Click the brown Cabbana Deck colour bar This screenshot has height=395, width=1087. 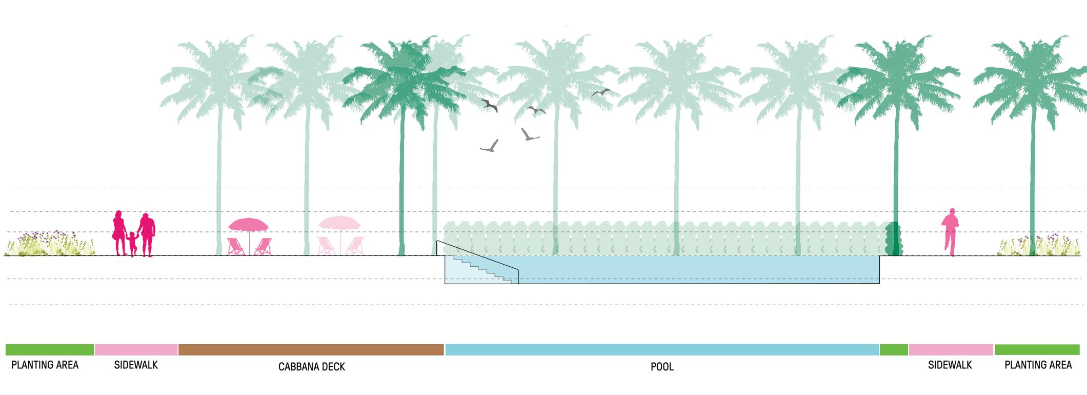[311, 349]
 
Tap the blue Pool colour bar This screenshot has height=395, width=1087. [662, 349]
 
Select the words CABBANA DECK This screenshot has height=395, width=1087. [312, 367]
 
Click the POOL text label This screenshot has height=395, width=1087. [662, 367]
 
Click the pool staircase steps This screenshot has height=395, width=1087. [482, 269]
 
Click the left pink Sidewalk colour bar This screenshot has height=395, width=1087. [136, 349]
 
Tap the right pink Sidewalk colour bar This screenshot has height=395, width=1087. [951, 349]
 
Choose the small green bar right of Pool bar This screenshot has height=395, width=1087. [894, 349]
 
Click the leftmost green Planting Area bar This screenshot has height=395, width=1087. [50, 349]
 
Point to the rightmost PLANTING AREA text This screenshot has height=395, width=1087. [1038, 365]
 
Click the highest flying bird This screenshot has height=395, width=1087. [600, 92]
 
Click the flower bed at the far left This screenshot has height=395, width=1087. [50, 245]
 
